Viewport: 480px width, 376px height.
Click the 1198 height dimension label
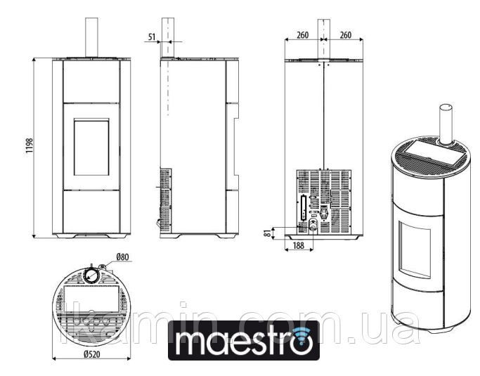point(30,145)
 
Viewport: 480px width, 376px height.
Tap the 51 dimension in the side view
point(152,37)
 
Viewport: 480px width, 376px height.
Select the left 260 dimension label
point(302,35)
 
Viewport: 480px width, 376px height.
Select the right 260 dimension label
point(346,35)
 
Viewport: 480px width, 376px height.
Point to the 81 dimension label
point(268,233)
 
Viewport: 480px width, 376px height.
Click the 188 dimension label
point(299,245)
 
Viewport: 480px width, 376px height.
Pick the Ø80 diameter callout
point(122,257)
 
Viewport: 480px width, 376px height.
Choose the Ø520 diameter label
point(92,354)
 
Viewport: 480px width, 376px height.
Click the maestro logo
point(244,340)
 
